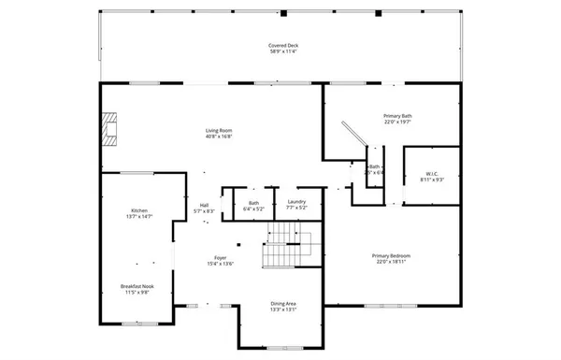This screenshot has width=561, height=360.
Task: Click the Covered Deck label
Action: (x=282, y=44)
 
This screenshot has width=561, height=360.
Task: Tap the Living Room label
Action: (x=219, y=130)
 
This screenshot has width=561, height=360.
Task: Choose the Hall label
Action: (x=204, y=206)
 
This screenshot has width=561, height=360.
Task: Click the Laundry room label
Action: (x=297, y=203)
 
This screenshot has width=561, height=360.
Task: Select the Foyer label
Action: (x=220, y=257)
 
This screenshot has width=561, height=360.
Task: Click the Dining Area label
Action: (x=283, y=303)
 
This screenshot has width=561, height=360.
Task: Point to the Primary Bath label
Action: (x=397, y=116)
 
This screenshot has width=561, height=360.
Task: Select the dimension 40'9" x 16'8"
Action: (x=219, y=137)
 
